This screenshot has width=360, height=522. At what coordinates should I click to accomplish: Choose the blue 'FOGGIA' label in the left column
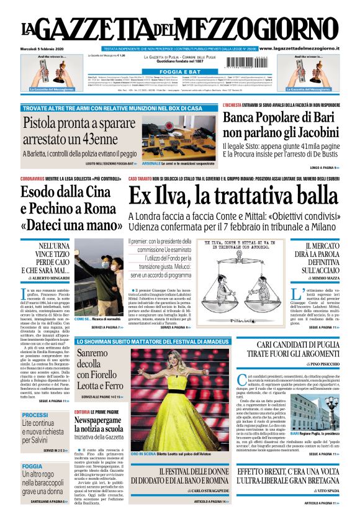coord(32,466)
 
